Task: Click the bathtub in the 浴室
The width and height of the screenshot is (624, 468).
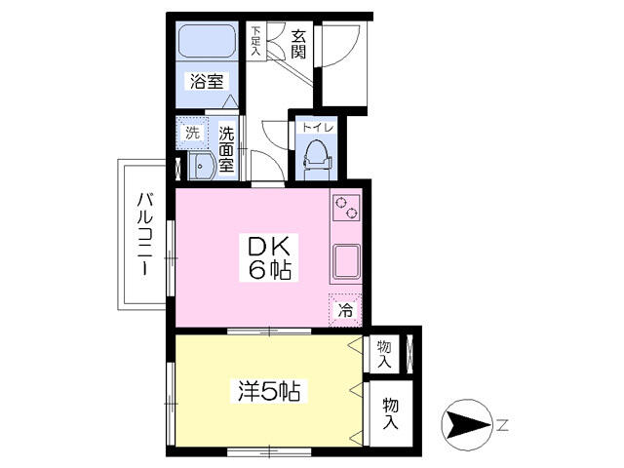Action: click(207, 41)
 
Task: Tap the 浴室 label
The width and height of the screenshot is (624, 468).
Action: click(207, 81)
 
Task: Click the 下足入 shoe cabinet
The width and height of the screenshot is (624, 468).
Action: click(255, 41)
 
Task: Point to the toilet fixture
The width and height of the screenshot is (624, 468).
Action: click(317, 159)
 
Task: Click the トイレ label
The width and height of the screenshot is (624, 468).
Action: click(317, 128)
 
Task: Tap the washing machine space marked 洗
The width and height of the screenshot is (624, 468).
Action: click(192, 133)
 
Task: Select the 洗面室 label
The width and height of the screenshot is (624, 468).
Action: click(226, 149)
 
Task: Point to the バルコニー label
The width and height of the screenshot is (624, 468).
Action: click(144, 234)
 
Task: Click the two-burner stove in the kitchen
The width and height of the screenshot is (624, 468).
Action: click(346, 208)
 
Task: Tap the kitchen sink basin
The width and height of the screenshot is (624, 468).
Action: click(347, 261)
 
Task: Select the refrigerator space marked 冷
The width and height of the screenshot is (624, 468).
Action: click(345, 310)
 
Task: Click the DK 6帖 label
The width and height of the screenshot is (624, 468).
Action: click(268, 257)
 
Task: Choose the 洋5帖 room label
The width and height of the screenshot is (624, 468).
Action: click(269, 391)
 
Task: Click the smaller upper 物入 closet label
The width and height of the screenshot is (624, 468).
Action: click(384, 354)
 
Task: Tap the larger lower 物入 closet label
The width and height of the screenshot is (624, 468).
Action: click(390, 414)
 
